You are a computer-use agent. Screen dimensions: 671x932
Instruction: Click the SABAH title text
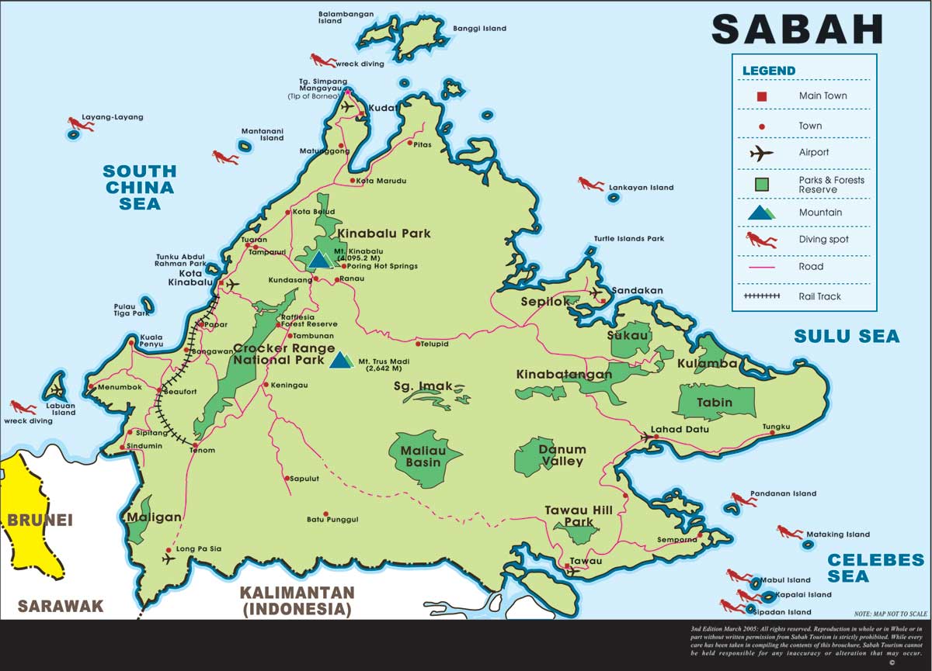click(x=798, y=29)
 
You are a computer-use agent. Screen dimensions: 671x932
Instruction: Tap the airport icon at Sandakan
click(x=596, y=293)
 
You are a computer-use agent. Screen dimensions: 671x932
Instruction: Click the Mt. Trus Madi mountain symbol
click(x=339, y=360)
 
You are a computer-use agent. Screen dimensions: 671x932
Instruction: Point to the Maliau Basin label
click(x=421, y=456)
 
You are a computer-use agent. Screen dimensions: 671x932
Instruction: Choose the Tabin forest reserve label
click(x=715, y=403)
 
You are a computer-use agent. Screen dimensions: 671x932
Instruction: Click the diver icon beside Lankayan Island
click(x=590, y=184)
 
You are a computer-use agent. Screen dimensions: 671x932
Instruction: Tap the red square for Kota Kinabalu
click(x=221, y=284)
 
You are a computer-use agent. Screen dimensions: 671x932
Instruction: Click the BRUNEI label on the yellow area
click(x=40, y=520)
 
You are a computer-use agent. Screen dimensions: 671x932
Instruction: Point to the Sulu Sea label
click(x=846, y=336)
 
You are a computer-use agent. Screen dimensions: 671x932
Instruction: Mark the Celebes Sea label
click(x=875, y=568)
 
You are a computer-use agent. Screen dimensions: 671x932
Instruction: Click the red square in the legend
click(x=762, y=96)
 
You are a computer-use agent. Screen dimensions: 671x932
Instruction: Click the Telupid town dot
click(x=418, y=344)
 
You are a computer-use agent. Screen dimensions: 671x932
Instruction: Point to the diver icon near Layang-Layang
click(x=80, y=123)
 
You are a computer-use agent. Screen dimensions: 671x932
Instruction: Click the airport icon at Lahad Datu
click(x=645, y=438)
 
